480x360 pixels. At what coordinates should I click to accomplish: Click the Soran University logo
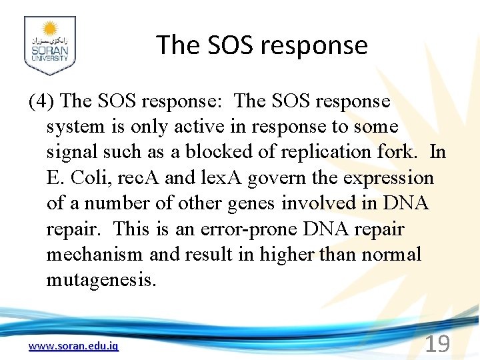(49, 45)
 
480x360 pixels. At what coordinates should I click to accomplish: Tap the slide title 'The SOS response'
(262, 45)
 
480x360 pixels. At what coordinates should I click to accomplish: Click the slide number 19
(437, 344)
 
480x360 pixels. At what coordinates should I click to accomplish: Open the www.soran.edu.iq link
(73, 346)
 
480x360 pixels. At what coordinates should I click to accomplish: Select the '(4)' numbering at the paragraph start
(42, 101)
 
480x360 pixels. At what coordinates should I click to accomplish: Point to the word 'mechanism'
(94, 254)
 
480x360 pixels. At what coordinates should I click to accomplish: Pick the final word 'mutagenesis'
(101, 279)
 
